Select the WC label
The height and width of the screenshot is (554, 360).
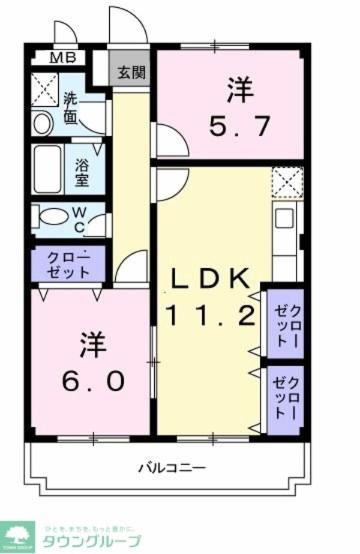click(79, 220)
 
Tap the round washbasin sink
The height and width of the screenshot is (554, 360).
click(41, 124)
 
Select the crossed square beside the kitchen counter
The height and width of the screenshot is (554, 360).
click(287, 182)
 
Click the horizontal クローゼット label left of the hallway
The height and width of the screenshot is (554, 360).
click(69, 263)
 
